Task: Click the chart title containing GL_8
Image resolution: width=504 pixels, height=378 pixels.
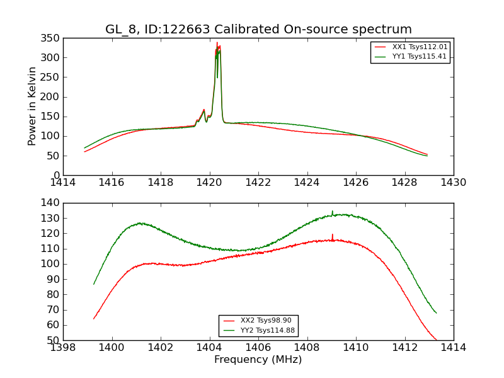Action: (x=258, y=30)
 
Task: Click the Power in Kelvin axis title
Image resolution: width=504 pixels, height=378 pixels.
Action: (x=33, y=106)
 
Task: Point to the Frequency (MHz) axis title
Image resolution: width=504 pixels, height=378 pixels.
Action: (x=258, y=360)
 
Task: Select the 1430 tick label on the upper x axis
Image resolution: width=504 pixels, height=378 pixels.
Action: (x=453, y=183)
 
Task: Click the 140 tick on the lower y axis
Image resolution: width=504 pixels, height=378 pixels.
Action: (x=52, y=203)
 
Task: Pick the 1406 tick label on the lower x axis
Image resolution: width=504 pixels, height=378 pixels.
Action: (x=258, y=348)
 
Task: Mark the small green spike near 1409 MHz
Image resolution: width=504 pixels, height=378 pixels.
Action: (x=333, y=212)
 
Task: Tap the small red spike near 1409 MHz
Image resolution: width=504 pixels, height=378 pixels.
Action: (x=333, y=235)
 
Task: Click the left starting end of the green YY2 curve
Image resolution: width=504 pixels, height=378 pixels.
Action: (x=94, y=283)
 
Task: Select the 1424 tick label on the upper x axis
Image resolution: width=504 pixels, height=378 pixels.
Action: (x=307, y=183)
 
